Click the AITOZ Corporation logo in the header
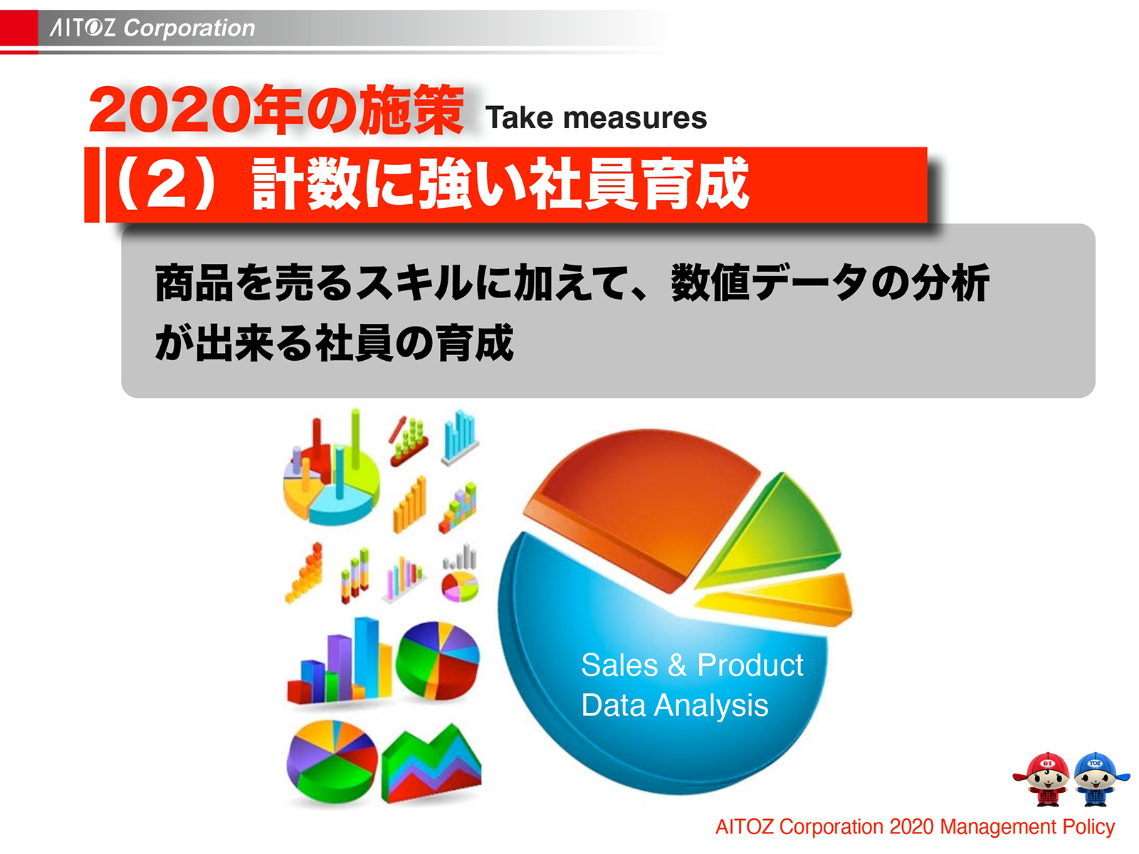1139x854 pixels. [x=152, y=28]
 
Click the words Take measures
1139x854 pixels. [x=596, y=118]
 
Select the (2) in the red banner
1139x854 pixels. [x=164, y=184]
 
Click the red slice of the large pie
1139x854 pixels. [x=641, y=498]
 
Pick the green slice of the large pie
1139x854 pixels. [x=776, y=530]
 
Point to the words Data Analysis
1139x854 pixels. [x=674, y=706]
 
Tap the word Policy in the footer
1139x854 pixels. [x=1088, y=827]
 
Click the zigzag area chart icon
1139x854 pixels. [x=431, y=765]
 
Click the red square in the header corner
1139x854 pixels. [x=19, y=28]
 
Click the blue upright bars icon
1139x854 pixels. [x=460, y=436]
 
